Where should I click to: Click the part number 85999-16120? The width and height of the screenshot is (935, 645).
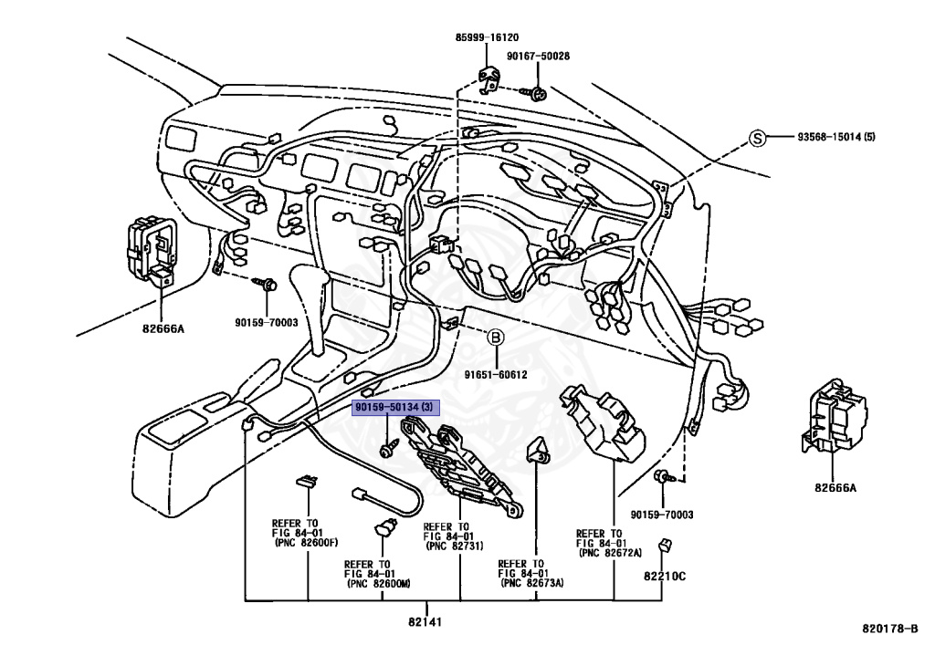click(487, 37)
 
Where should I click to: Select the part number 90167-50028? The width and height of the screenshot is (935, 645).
click(538, 56)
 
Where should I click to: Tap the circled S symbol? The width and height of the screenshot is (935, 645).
click(757, 138)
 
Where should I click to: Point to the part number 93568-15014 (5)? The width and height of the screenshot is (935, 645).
click(836, 137)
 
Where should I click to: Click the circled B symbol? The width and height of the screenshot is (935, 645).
click(496, 338)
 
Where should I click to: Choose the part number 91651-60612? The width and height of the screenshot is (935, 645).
click(496, 375)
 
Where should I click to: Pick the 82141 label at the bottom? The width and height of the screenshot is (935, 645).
click(425, 622)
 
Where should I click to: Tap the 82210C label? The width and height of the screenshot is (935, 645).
click(665, 577)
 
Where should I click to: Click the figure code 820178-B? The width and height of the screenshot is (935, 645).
click(889, 629)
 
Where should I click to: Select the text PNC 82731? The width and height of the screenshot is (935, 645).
click(457, 546)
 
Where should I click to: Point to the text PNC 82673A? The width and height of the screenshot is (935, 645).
click(532, 583)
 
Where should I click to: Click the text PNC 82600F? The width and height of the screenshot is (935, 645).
click(307, 543)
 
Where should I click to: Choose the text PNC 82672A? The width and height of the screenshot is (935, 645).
click(611, 553)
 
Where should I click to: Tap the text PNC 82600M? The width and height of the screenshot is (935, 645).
click(379, 584)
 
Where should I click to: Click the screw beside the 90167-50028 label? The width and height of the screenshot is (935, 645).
click(534, 93)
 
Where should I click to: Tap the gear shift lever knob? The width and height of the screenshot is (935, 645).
click(310, 282)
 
